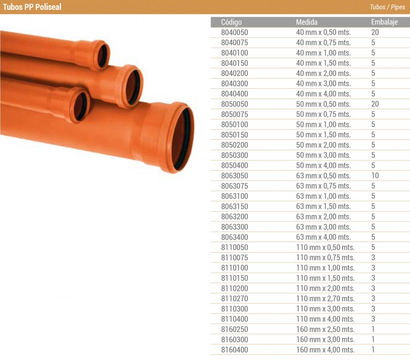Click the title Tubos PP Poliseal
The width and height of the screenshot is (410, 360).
click(32, 7)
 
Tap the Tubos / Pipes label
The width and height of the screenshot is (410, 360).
click(387, 7)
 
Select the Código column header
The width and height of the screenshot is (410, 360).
click(231, 22)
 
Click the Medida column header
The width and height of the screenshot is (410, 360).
click(307, 22)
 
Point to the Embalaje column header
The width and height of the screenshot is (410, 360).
click(384, 22)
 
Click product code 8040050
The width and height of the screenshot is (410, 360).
click(235, 32)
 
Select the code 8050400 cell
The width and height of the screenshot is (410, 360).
click(235, 165)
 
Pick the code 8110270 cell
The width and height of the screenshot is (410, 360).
click(235, 299)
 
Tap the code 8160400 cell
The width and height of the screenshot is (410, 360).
click(235, 350)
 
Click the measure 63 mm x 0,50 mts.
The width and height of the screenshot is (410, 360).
click(323, 176)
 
